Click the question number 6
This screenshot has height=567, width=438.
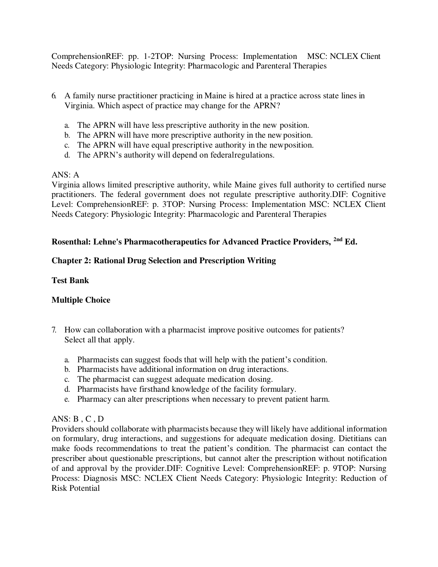(x=54, y=96)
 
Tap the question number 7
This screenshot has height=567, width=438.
(x=54, y=330)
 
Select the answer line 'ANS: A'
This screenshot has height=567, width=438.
(x=65, y=175)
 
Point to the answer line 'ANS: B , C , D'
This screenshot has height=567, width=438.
(x=78, y=419)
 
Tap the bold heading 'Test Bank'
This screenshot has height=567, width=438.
(x=70, y=281)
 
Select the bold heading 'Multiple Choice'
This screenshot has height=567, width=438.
(x=81, y=300)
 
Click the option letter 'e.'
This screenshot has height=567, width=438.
(x=67, y=399)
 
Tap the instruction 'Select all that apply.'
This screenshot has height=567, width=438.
(x=99, y=340)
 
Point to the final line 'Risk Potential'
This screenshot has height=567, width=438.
(x=75, y=489)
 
